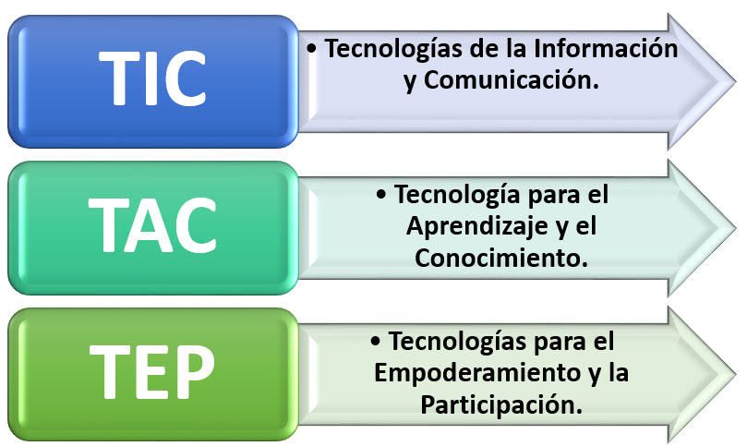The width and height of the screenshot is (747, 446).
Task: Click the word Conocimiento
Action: click(501, 259)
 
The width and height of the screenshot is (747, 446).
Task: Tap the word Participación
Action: click(501, 404)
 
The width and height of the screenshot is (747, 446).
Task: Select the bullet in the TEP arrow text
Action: click(377, 342)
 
